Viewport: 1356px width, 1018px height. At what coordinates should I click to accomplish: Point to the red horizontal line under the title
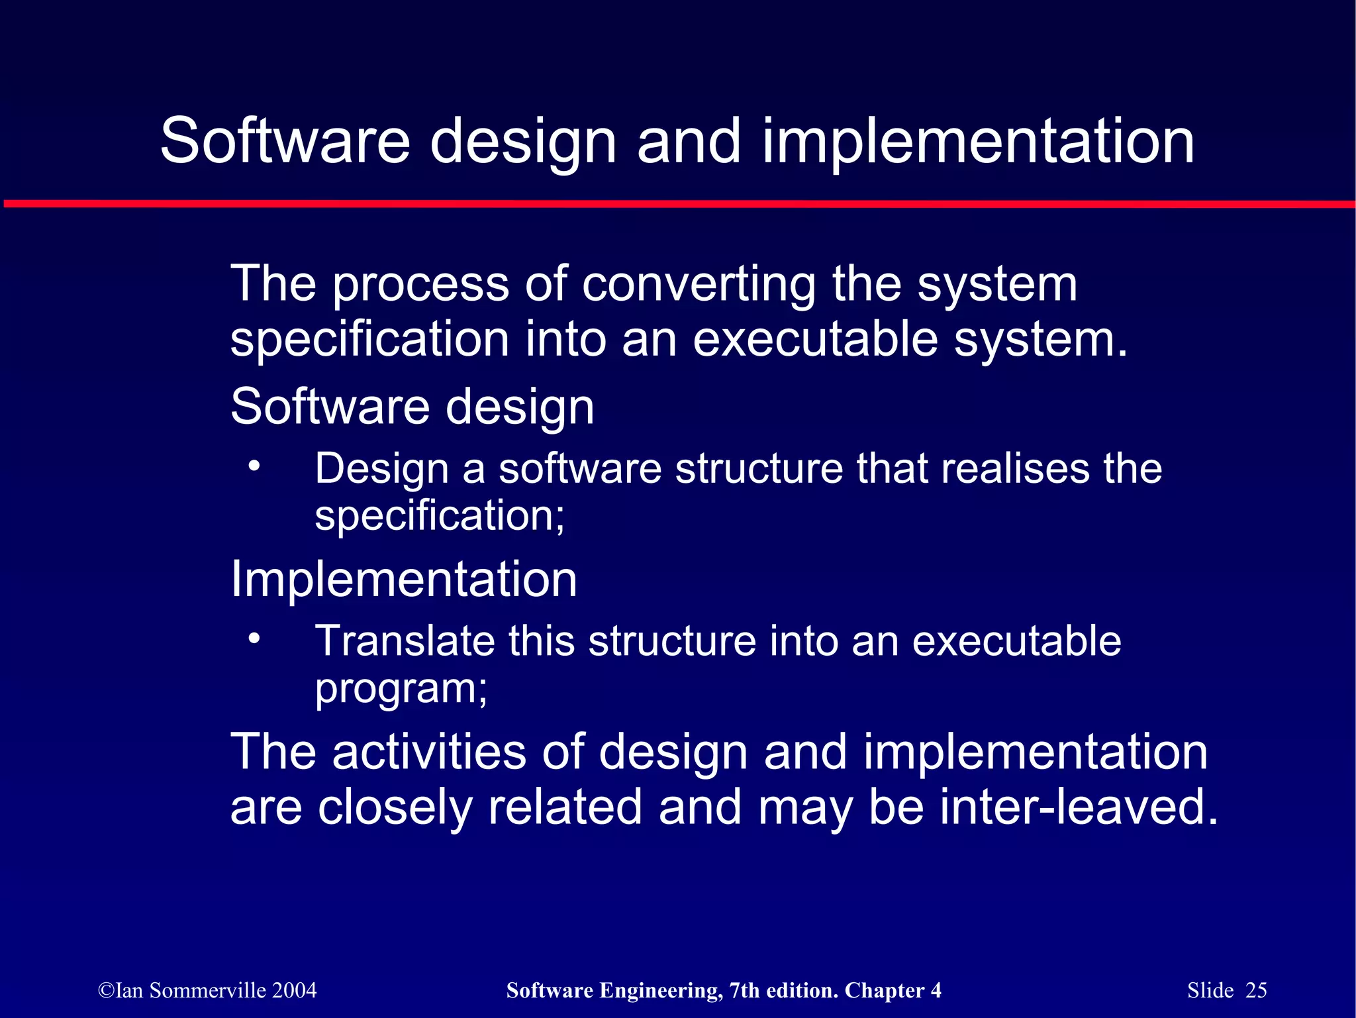[x=678, y=204]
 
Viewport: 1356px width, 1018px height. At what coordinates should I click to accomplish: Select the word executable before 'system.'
[x=815, y=339]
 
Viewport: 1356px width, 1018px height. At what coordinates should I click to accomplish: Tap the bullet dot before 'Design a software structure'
[x=254, y=466]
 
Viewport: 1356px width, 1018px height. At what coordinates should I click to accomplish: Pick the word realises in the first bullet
[x=1014, y=468]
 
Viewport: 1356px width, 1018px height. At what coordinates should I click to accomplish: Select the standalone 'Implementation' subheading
[x=404, y=579]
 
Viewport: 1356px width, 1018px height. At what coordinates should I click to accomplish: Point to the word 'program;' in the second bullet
[x=401, y=689]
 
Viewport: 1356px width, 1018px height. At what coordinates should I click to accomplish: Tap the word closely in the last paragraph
[x=395, y=808]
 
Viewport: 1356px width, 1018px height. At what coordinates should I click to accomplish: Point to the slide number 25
[x=1256, y=990]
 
